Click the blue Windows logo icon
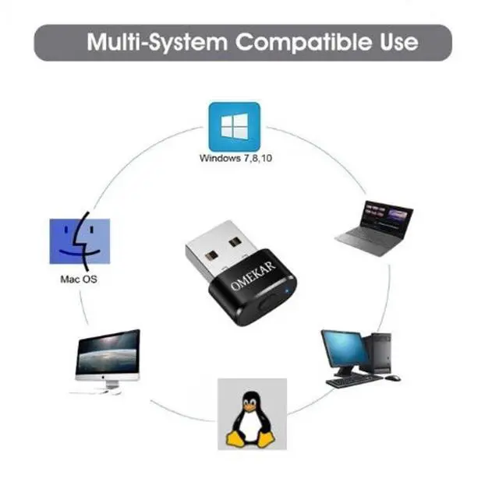[234, 126]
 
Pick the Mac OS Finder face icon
[80, 241]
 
